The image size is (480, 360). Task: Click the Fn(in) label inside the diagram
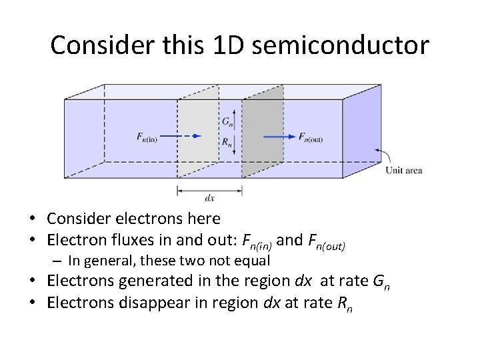(x=146, y=137)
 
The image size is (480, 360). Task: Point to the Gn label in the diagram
(x=227, y=121)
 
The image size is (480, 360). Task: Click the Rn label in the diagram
(x=227, y=141)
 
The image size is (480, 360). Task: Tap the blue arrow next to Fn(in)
(x=181, y=136)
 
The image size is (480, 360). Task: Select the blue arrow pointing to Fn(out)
(x=279, y=137)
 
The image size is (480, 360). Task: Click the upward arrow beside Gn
(x=235, y=119)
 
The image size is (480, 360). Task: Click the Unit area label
(x=404, y=171)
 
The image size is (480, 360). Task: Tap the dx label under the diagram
(x=209, y=198)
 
